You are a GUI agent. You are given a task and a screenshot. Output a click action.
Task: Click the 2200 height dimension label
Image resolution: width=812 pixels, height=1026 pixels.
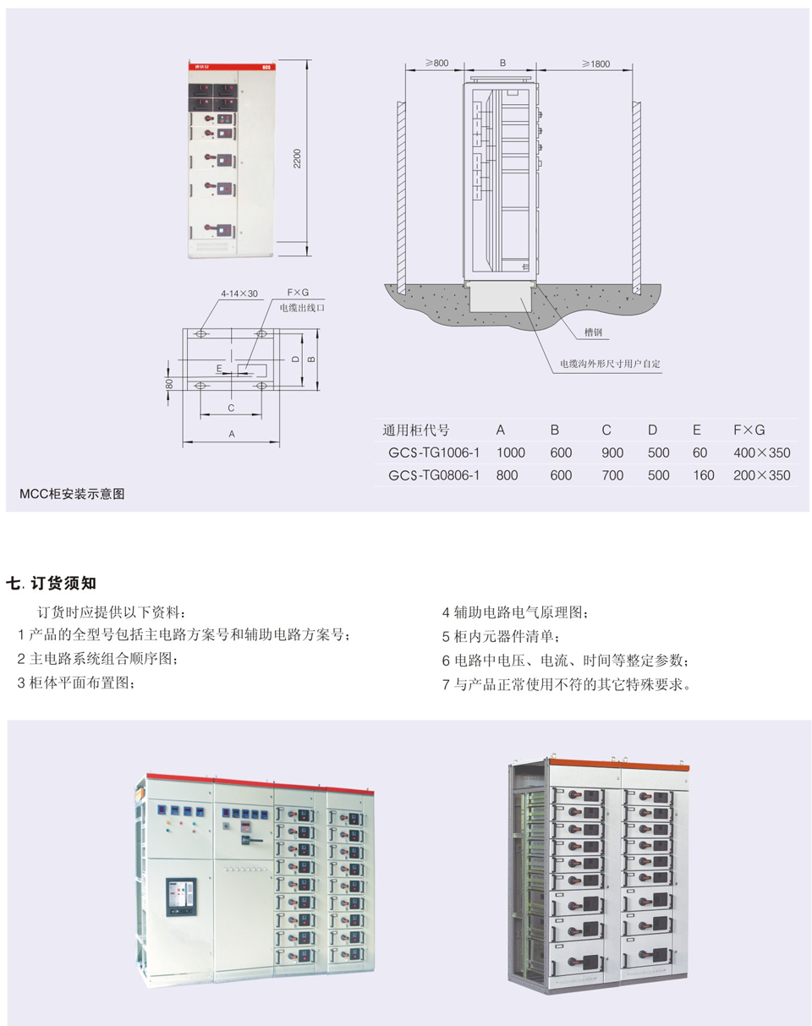click(297, 158)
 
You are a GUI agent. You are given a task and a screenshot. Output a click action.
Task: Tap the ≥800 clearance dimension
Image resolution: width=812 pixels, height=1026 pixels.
click(436, 63)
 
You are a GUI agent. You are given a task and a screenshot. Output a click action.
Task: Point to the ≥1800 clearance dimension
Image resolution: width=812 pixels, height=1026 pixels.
click(596, 64)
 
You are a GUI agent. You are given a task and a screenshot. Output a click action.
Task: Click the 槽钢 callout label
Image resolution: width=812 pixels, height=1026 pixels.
click(593, 332)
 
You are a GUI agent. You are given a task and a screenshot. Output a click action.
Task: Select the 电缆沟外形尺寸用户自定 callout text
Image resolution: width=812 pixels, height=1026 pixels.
click(610, 364)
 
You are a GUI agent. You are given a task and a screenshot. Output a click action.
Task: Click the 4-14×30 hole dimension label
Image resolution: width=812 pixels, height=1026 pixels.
click(239, 294)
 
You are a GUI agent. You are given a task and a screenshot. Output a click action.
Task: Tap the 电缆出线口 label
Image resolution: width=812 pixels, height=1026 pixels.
click(302, 308)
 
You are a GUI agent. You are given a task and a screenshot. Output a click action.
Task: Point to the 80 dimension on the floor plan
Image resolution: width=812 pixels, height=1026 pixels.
click(169, 384)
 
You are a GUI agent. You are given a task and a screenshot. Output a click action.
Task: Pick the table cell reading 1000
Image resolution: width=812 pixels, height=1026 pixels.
click(511, 453)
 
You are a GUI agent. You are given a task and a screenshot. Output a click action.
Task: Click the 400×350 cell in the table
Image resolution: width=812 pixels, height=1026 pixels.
click(762, 453)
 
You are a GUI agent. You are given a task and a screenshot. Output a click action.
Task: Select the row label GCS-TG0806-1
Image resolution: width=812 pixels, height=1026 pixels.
click(434, 475)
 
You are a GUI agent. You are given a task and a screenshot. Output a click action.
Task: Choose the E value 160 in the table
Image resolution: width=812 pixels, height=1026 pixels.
click(703, 475)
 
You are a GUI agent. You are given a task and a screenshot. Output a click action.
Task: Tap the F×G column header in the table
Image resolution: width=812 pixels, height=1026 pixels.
click(749, 430)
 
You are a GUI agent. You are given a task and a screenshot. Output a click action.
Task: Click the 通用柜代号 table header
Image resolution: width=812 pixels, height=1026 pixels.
click(416, 431)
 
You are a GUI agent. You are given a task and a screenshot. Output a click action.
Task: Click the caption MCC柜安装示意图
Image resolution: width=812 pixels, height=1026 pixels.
click(72, 494)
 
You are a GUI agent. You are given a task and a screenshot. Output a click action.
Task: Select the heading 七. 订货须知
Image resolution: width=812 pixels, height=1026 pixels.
click(52, 583)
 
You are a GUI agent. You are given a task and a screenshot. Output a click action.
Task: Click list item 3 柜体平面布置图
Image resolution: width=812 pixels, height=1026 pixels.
click(76, 683)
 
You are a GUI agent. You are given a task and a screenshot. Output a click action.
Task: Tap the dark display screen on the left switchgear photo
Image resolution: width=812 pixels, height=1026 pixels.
click(181, 897)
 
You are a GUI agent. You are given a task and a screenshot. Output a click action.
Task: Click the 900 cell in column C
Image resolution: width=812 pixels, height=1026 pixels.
click(612, 453)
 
